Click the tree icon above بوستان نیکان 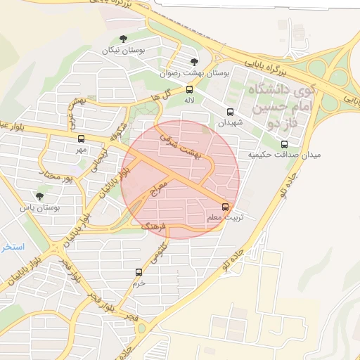click(x=124, y=39)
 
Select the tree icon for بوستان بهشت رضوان click(x=194, y=62)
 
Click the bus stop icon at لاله click(x=189, y=89)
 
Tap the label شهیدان click(x=229, y=122)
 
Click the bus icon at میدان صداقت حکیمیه click(x=284, y=144)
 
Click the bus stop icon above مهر click(x=81, y=139)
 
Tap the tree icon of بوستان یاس click(x=39, y=196)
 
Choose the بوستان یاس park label click(x=39, y=208)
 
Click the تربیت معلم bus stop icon click(x=225, y=207)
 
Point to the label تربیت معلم click(x=225, y=218)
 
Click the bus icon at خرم click(x=138, y=271)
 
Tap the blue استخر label click(x=13, y=247)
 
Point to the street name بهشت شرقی click(x=181, y=144)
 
